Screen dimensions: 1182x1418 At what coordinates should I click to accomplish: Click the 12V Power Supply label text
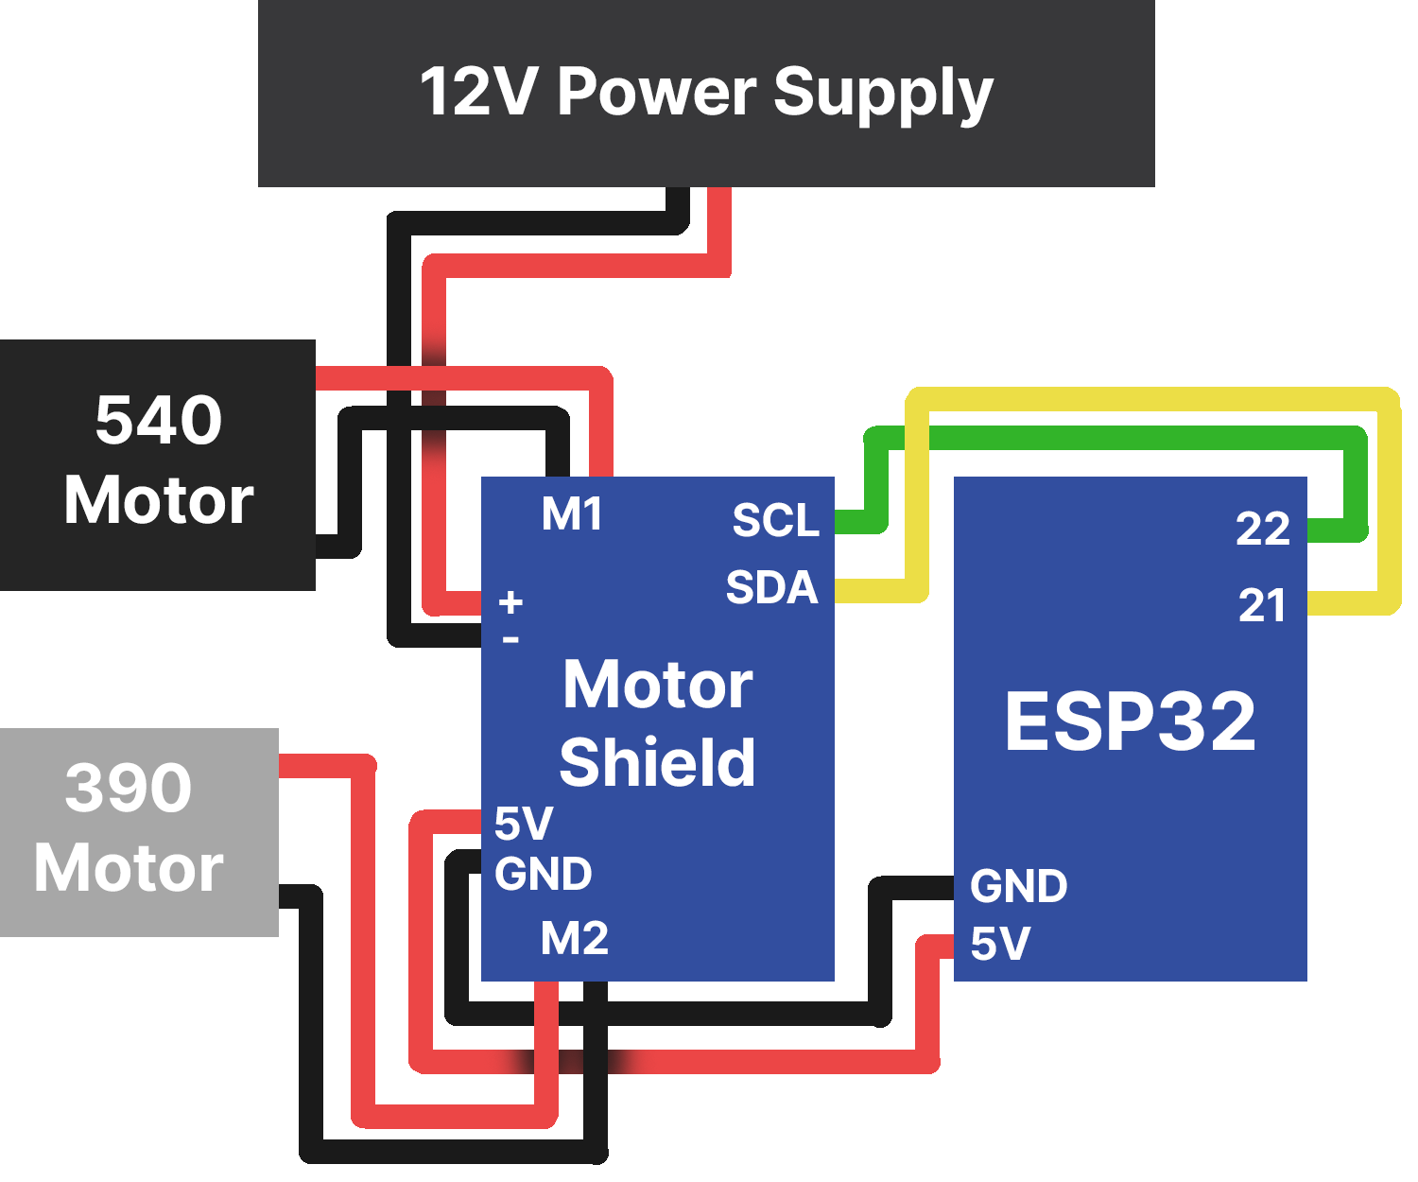click(705, 93)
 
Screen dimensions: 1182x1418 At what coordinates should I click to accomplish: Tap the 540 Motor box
click(158, 463)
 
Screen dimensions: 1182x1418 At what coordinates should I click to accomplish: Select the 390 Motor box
click(132, 830)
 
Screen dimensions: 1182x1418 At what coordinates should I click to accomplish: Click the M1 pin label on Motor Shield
click(572, 514)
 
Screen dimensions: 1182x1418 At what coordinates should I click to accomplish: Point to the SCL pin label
click(775, 520)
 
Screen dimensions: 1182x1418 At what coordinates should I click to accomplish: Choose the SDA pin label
click(771, 587)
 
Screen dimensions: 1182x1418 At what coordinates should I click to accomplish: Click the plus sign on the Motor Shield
click(510, 602)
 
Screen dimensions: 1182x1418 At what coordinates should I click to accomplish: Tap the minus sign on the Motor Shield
click(510, 640)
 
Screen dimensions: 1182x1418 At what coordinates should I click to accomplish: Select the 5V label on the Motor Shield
click(523, 824)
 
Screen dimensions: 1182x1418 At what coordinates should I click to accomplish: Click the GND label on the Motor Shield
click(543, 874)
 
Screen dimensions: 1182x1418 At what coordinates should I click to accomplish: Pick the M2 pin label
click(574, 938)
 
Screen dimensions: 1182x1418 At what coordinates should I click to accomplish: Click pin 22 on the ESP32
click(1262, 528)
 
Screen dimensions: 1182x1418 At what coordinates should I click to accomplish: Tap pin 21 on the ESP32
click(1262, 605)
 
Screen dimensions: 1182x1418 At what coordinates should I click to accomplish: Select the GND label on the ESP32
click(1018, 886)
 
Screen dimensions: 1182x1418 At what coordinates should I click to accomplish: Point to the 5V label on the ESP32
click(1000, 944)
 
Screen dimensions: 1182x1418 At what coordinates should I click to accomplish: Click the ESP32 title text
click(1130, 721)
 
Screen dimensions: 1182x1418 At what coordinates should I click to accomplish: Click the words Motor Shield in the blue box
click(658, 723)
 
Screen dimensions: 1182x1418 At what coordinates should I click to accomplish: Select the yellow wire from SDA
click(1153, 398)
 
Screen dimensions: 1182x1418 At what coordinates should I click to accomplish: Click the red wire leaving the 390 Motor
click(364, 946)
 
